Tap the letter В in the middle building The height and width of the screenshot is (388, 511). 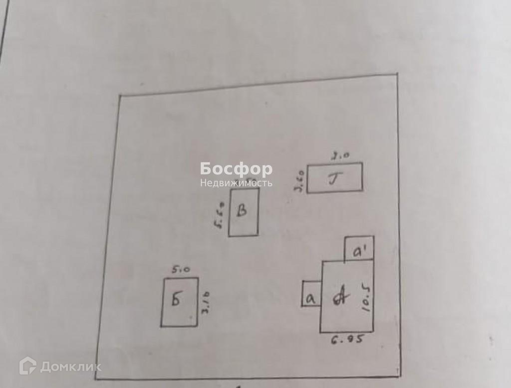pyautogui.click(x=242, y=212)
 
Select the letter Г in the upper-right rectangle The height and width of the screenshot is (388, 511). pyautogui.click(x=333, y=178)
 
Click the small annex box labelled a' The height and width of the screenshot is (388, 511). pyautogui.click(x=359, y=253)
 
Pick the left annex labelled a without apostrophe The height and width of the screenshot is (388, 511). pyautogui.click(x=310, y=298)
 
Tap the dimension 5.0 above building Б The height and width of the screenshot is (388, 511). pyautogui.click(x=180, y=270)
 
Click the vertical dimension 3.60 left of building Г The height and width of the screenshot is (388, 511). pyautogui.click(x=300, y=181)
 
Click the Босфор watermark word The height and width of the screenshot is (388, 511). pyautogui.click(x=236, y=169)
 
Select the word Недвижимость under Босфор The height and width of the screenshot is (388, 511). pyautogui.click(x=236, y=183)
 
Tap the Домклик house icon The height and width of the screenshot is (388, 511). pyautogui.click(x=27, y=367)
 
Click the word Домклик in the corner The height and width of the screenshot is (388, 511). pyautogui.click(x=70, y=368)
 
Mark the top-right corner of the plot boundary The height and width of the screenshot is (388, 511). pyautogui.click(x=398, y=74)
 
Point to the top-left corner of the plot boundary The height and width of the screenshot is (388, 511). pyautogui.click(x=119, y=95)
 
